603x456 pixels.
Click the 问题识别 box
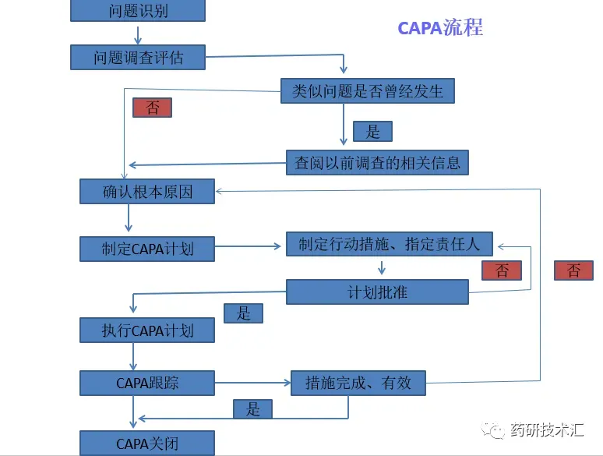pyautogui.click(x=138, y=10)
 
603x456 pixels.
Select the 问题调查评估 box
pyautogui.click(x=138, y=57)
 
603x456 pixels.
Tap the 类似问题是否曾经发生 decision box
pyautogui.click(x=367, y=91)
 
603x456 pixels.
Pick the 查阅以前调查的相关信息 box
pyautogui.click(x=378, y=162)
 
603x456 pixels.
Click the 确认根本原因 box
pyautogui.click(x=147, y=191)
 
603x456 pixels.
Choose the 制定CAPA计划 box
pyautogui.click(x=147, y=249)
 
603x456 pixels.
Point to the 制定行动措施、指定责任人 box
pyautogui.click(x=390, y=244)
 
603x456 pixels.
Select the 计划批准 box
pyautogui.click(x=377, y=292)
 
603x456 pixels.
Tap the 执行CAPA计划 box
pyautogui.click(x=147, y=330)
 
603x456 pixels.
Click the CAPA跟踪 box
pyautogui.click(x=147, y=383)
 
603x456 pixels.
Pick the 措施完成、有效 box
pyautogui.click(x=358, y=383)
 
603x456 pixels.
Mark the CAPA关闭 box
pyautogui.click(x=147, y=444)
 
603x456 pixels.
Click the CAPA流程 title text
pyautogui.click(x=440, y=28)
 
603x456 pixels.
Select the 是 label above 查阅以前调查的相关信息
pyautogui.click(x=372, y=131)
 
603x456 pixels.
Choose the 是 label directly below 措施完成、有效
pyautogui.click(x=253, y=408)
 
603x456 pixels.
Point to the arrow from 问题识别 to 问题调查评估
pyautogui.click(x=138, y=34)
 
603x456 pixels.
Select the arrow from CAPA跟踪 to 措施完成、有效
pyautogui.click(x=252, y=383)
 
